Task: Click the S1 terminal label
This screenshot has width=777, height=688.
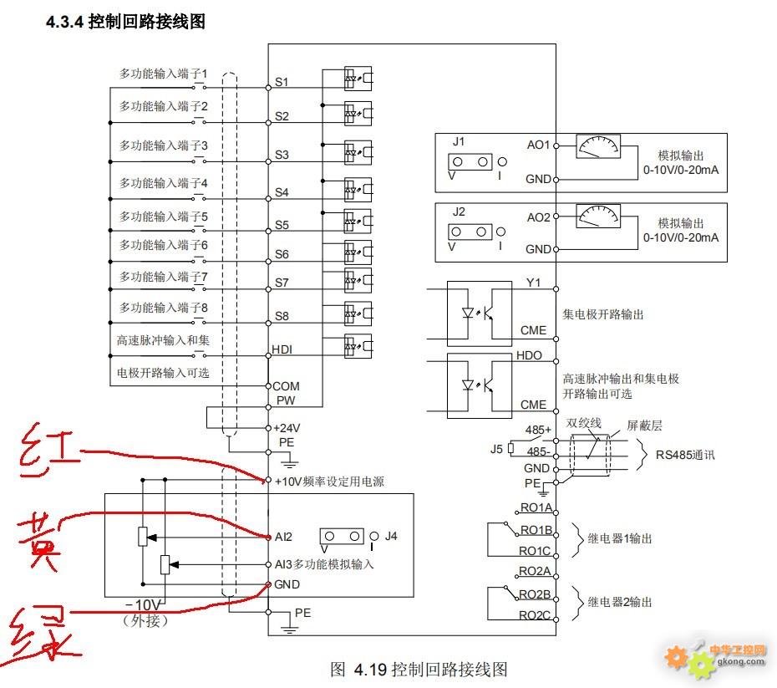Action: point(282,82)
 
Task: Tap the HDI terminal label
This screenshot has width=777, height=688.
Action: point(282,349)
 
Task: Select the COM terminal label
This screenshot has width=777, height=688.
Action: point(286,386)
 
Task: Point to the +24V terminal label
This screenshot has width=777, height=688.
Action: point(287,427)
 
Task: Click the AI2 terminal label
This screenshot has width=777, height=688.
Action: point(283,537)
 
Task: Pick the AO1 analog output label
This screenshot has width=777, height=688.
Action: point(538,145)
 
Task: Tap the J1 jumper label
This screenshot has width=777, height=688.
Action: point(459,141)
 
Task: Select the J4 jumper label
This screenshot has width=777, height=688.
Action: point(391,536)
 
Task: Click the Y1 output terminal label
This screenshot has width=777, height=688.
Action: point(533,283)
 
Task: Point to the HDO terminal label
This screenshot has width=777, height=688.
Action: point(530,355)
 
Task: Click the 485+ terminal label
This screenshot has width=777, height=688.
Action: point(536,430)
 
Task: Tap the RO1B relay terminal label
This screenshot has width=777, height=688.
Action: point(536,530)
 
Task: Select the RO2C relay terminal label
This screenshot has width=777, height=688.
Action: point(535,615)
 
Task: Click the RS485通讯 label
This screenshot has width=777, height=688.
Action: point(685,456)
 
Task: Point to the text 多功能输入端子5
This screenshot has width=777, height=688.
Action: point(163,217)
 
